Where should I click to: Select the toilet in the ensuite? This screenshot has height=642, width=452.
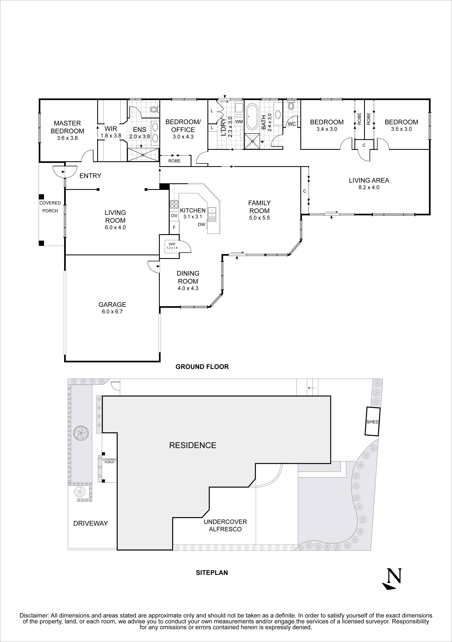tap(154, 109)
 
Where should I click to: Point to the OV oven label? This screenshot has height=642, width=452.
tap(174, 216)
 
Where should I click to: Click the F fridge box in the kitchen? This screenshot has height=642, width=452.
tap(174, 227)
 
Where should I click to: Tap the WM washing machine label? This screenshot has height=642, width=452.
tap(239, 122)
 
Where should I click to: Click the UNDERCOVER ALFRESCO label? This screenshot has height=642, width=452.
tap(225, 525)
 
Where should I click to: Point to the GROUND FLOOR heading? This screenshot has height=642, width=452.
tap(202, 367)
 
